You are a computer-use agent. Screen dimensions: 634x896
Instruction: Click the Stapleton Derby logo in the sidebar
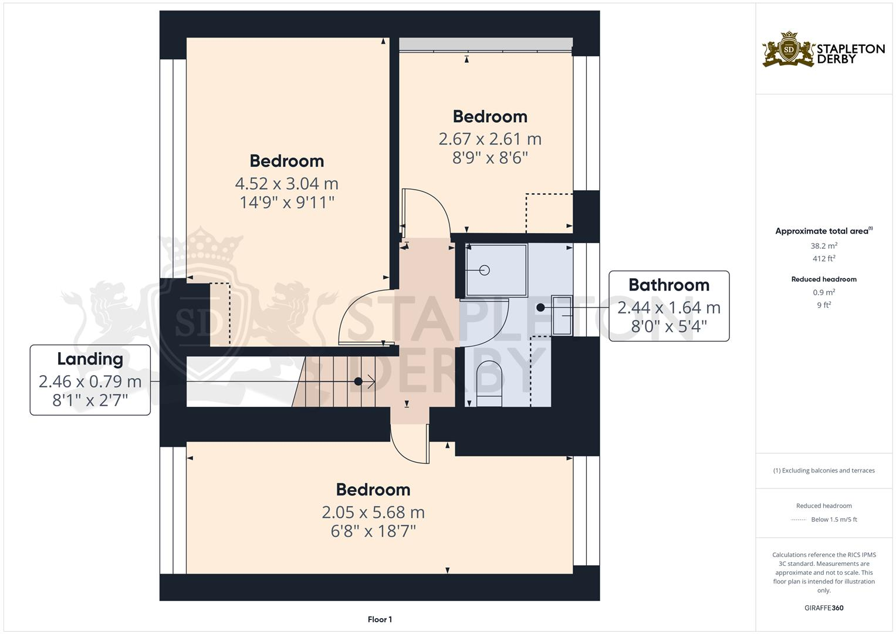823,49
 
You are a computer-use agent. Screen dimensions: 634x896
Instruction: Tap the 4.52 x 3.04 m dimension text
286,184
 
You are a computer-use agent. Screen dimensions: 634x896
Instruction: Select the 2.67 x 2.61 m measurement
490,139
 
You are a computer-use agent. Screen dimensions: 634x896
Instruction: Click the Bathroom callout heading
668,285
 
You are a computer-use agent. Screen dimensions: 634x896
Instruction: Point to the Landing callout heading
90,359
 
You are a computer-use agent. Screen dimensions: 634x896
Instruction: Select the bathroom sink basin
562,315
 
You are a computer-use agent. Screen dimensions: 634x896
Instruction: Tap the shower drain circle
485,270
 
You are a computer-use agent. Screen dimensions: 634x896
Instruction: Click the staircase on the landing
334,382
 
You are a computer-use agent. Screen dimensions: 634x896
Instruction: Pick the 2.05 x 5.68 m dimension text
373,512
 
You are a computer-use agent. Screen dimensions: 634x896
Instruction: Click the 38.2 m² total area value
824,246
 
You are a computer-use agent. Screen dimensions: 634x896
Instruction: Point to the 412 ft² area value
824,258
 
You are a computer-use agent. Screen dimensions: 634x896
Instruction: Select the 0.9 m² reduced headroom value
824,292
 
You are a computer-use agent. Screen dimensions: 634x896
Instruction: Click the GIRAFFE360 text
824,608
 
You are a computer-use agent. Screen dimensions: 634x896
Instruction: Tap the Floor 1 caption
380,619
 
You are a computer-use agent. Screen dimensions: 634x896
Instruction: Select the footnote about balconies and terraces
824,470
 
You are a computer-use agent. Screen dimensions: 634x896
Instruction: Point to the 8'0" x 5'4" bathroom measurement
668,326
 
